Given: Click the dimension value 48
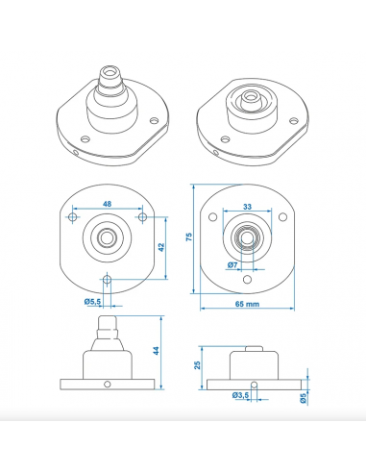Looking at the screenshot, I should [107, 205].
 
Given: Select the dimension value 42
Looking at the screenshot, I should [162, 246].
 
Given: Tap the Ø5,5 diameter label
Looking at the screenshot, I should [93, 301].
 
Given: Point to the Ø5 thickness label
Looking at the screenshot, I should [302, 398].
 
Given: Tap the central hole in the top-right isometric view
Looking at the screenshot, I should [249, 97].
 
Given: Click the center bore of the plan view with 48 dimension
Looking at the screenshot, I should [107, 236].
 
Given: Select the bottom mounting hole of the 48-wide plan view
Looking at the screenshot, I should [107, 280].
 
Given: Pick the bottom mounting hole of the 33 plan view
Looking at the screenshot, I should [247, 279].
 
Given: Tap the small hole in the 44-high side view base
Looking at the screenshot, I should [108, 385].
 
